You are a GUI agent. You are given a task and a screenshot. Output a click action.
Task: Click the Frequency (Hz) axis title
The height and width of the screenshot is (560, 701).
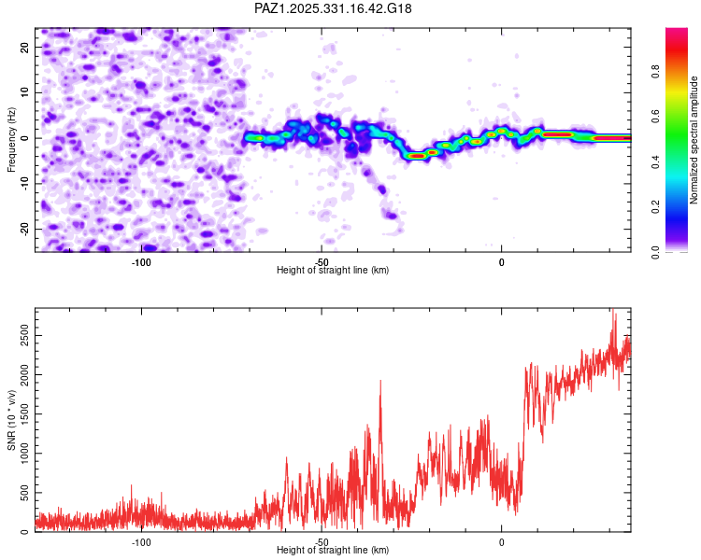coord(11,139)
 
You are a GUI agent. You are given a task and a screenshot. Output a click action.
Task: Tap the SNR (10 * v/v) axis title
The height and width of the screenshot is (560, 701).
coord(11,419)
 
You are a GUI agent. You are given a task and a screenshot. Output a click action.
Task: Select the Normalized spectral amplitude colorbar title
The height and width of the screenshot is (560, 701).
coord(694,140)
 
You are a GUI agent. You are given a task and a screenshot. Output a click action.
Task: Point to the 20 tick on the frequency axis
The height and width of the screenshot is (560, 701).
coord(26,46)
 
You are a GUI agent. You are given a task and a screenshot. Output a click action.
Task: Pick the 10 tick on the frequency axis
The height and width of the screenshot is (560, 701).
coord(26,91)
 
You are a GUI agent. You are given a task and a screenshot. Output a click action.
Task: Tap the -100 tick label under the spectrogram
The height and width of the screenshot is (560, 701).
coord(141,261)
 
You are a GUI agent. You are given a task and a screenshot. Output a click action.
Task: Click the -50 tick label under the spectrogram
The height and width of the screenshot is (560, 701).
coord(321,261)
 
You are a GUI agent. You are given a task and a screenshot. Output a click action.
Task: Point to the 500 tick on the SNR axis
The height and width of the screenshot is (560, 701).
coord(22,493)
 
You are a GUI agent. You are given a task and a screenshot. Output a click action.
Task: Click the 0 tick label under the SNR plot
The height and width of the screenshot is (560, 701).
coord(501,541)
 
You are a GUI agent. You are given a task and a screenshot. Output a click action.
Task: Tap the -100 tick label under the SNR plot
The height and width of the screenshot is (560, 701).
coord(141,541)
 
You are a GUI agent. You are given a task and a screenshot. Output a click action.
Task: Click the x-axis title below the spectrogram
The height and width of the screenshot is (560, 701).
coord(333,271)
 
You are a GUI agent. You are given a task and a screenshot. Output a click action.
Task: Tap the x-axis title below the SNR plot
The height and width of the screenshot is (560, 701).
coord(333,551)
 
